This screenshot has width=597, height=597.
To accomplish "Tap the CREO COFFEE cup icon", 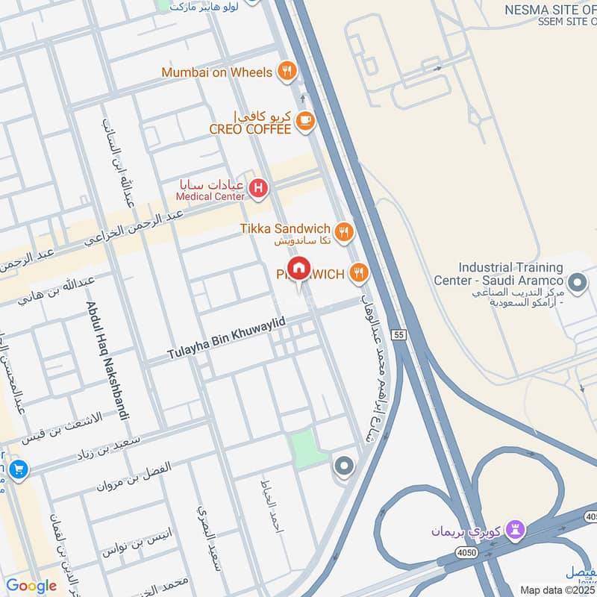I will pyautogui.click(x=304, y=120).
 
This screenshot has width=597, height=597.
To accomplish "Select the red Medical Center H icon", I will pyautogui.click(x=258, y=188).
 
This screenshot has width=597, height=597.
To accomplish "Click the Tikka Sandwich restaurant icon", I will pyautogui.click(x=343, y=231).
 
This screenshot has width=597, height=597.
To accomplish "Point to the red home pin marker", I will pyautogui.click(x=299, y=269).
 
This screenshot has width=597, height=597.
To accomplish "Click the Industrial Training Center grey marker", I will pyautogui.click(x=577, y=283).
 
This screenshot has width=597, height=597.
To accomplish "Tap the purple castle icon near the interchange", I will pyautogui.click(x=515, y=531).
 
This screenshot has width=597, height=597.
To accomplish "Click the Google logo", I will pyautogui.click(x=31, y=586).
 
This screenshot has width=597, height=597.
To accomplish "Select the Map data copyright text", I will pyautogui.click(x=557, y=590).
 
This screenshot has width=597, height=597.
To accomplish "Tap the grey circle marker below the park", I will pyautogui.click(x=343, y=467).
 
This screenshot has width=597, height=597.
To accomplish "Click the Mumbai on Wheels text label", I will pyautogui.click(x=217, y=72).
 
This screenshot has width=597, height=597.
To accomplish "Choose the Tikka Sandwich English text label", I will pyautogui.click(x=285, y=228).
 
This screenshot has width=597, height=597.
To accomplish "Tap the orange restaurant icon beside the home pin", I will pyautogui.click(x=360, y=274).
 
